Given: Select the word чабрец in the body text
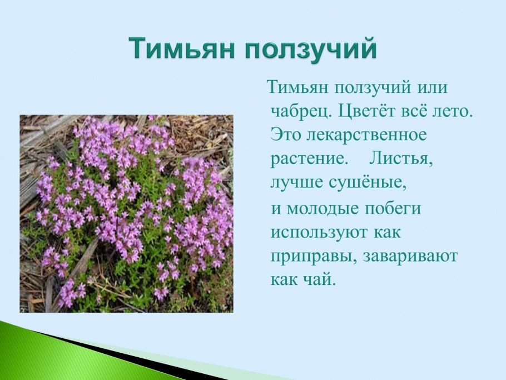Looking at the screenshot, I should [300, 111].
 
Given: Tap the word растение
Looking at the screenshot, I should [307, 158].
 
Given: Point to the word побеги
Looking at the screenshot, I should [393, 209].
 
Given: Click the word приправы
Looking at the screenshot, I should [311, 256].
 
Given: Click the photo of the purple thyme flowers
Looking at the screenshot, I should [126, 214].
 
